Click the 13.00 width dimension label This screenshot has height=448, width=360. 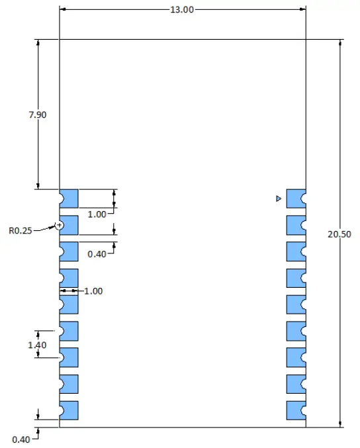click(x=183, y=10)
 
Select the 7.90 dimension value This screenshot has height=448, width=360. click(x=38, y=114)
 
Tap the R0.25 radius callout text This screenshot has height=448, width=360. click(x=20, y=231)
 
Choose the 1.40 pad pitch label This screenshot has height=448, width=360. click(x=38, y=344)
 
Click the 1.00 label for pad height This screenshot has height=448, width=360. click(x=97, y=214)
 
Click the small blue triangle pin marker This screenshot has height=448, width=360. click(x=279, y=199)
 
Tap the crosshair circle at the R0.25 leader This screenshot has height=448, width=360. click(x=60, y=225)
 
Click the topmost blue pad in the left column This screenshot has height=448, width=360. click(x=69, y=198)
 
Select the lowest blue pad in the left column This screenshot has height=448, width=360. click(x=69, y=410)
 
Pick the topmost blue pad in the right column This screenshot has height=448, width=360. click(x=296, y=198)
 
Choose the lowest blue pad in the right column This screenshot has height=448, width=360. click(x=296, y=410)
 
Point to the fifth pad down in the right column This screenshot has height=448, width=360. click(x=296, y=304)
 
